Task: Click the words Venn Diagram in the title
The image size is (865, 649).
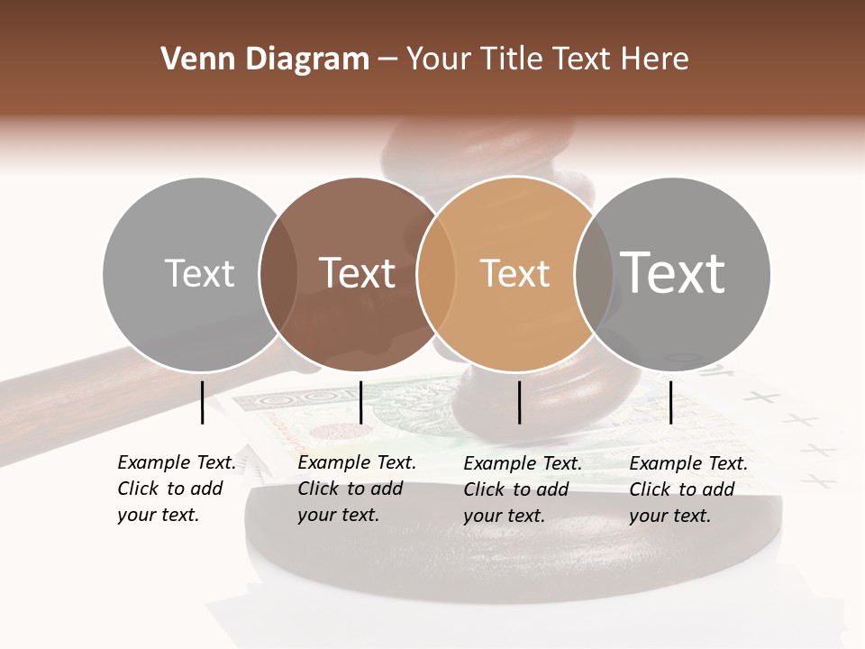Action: [x=265, y=59]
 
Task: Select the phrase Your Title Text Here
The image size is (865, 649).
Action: [x=547, y=59]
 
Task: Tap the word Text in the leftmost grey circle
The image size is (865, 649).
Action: [x=199, y=273]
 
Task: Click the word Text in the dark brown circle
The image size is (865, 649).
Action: [x=358, y=273]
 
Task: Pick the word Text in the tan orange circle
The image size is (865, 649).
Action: [x=514, y=273]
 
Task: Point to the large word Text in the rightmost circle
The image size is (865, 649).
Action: [x=673, y=272]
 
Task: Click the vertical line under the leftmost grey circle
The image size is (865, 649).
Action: [x=202, y=402]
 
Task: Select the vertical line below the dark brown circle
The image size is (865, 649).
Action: [x=360, y=402]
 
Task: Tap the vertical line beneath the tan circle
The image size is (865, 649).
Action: [x=520, y=402]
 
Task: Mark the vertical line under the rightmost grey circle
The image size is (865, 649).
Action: [x=671, y=402]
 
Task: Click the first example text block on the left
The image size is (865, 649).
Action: [x=176, y=489]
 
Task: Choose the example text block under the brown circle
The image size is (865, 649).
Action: [x=356, y=489]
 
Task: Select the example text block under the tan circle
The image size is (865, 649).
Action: [x=523, y=489]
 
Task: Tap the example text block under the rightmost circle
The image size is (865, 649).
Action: [x=688, y=489]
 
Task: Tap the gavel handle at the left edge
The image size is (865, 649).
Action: [x=54, y=397]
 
